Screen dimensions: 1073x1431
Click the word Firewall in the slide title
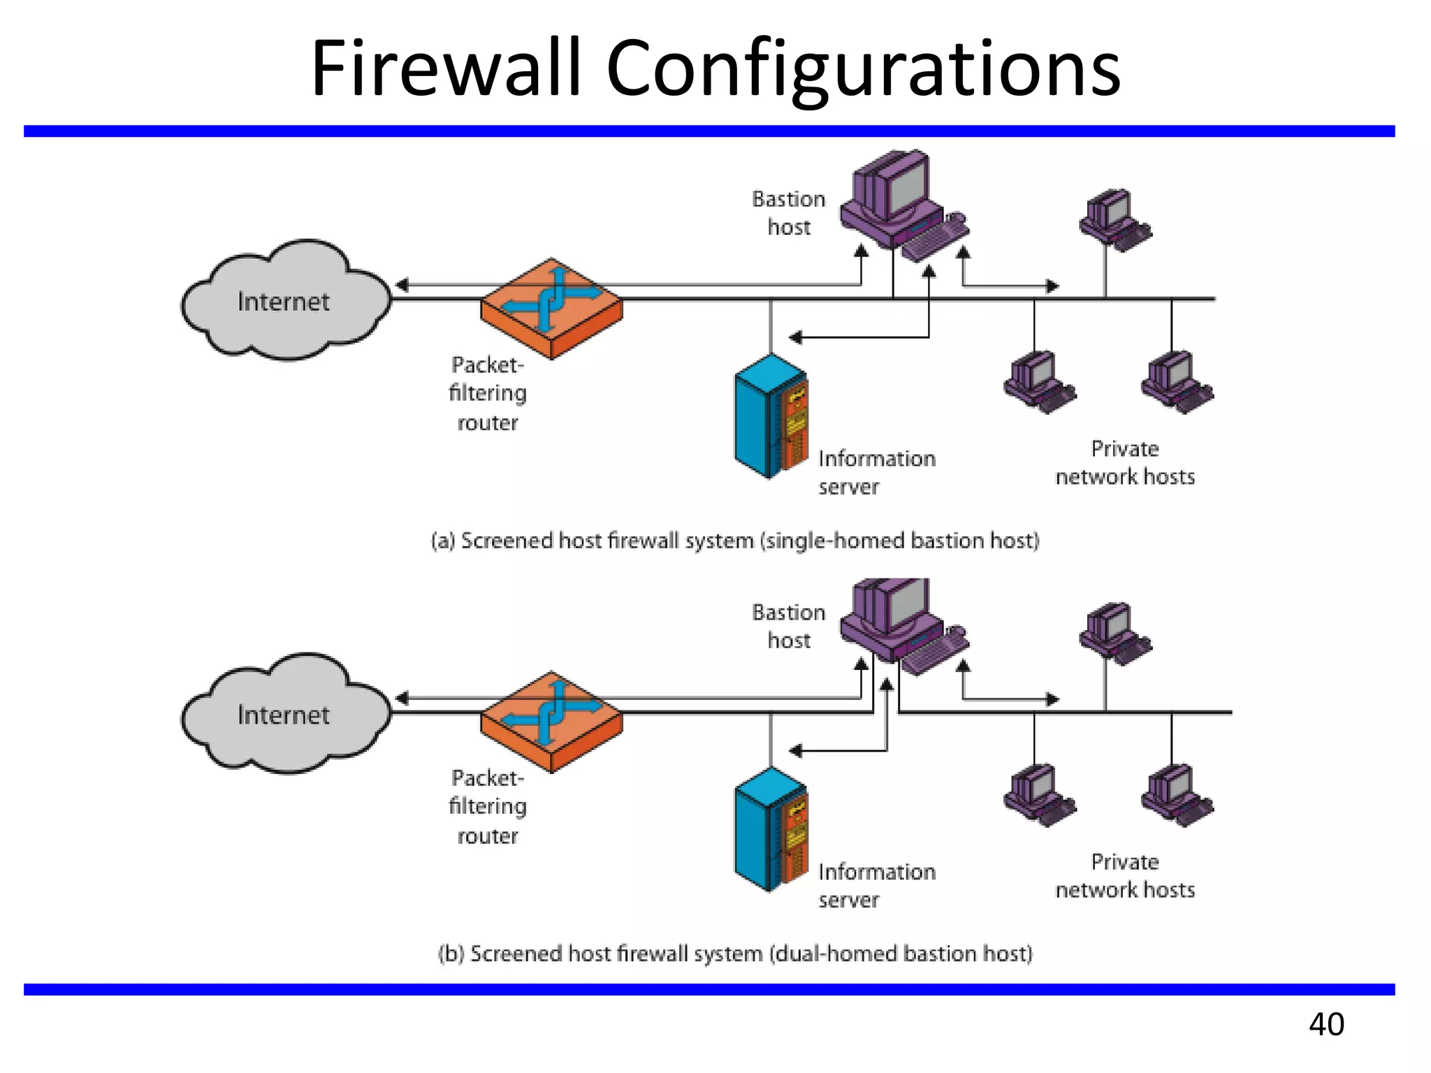[446, 68]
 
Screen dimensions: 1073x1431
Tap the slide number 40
[1326, 1024]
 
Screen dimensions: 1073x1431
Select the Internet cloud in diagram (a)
[284, 301]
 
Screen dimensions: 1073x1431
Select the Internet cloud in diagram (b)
[284, 715]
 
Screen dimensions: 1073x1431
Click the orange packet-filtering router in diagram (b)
[551, 722]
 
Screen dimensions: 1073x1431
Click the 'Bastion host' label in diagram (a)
[789, 213]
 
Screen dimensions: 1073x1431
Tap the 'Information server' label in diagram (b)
[876, 885]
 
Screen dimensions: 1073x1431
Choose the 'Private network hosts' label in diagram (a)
[1125, 462]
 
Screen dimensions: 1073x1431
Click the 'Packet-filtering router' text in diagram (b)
[488, 806]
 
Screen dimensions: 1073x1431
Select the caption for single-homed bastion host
[735, 541]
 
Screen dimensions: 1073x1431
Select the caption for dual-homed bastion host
[735, 954]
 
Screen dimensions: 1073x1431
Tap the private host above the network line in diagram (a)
[1114, 219]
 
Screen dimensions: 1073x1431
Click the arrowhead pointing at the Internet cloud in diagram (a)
[402, 285]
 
